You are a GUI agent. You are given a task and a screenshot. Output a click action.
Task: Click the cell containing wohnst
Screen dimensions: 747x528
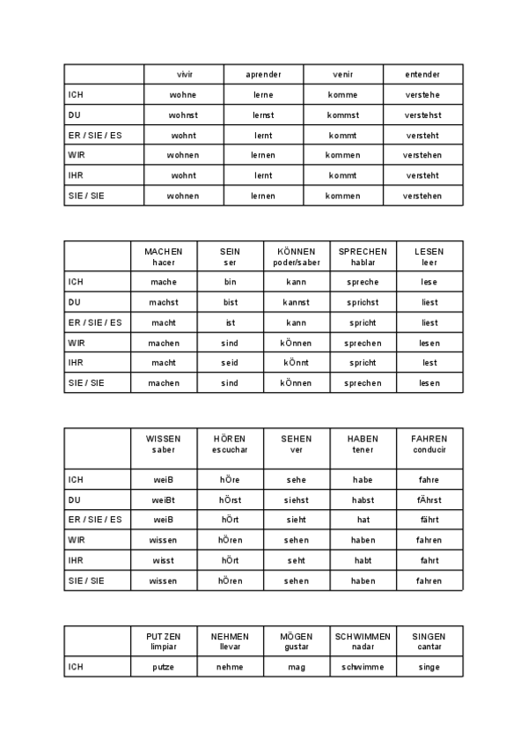[183, 115]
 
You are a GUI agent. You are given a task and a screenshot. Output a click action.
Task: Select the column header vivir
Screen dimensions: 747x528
[183, 75]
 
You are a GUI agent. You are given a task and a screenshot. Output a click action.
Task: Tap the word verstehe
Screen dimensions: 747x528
[422, 95]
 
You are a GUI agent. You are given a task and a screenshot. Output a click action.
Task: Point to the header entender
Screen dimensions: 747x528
[422, 75]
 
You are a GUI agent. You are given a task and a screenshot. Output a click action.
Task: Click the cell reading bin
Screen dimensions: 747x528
[230, 282]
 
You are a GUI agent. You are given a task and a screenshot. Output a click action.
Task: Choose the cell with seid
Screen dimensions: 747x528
[230, 363]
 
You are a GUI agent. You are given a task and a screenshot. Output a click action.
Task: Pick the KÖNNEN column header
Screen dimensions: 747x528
[296, 256]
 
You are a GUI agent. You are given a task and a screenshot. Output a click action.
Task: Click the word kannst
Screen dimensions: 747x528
[296, 302]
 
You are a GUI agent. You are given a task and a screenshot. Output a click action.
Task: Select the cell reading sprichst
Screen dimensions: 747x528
[363, 302]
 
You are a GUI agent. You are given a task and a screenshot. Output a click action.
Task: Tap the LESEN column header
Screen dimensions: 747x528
[429, 256]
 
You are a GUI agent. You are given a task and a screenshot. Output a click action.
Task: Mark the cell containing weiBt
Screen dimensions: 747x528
[164, 500]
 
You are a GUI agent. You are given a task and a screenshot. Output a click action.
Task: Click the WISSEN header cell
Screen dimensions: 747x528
[164, 444]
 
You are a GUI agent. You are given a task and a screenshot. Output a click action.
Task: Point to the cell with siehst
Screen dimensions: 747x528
[297, 500]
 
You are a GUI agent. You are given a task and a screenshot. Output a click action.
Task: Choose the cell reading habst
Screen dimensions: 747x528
[363, 500]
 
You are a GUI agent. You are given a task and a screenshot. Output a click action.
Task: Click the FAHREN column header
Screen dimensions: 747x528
[429, 444]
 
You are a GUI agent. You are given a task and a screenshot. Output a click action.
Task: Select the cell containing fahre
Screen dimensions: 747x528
[429, 480]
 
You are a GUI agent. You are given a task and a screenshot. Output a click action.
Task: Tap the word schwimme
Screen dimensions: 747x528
[363, 667]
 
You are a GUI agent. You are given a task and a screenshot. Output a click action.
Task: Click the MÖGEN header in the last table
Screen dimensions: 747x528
[297, 641]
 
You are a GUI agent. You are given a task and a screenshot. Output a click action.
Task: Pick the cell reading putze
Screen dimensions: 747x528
[164, 667]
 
